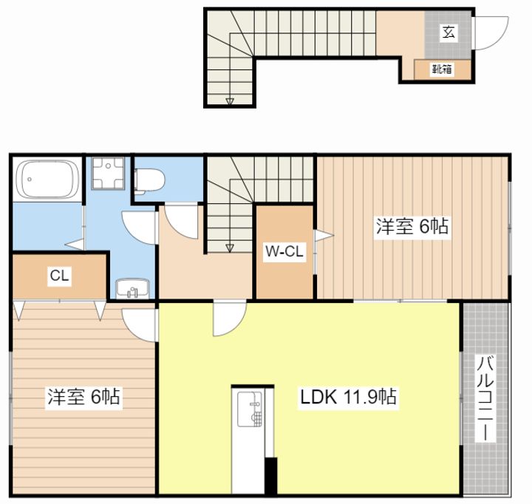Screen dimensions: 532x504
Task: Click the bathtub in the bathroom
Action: pyautogui.click(x=48, y=179)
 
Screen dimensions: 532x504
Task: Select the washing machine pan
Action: pyautogui.click(x=108, y=173)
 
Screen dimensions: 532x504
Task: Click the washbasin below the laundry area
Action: pyautogui.click(x=132, y=288)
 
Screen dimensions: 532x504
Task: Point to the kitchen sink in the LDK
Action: pyautogui.click(x=250, y=409)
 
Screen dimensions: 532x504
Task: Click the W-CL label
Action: pyautogui.click(x=284, y=251)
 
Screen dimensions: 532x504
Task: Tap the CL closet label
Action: pyautogui.click(x=59, y=276)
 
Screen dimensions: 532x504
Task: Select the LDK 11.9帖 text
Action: pyautogui.click(x=348, y=396)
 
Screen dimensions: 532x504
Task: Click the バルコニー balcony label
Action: pyautogui.click(x=485, y=398)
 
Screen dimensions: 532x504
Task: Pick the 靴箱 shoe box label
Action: pyautogui.click(x=442, y=69)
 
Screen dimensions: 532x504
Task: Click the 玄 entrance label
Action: pyautogui.click(x=448, y=33)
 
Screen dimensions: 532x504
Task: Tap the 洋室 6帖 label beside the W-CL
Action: pyautogui.click(x=412, y=226)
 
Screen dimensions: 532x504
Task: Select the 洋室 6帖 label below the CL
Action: pyautogui.click(x=83, y=396)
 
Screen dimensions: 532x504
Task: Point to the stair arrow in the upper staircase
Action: pyautogui.click(x=230, y=101)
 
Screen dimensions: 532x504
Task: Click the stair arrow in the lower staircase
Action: pyautogui.click(x=230, y=248)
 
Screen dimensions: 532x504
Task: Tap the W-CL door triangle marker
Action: pyautogui.click(x=324, y=235)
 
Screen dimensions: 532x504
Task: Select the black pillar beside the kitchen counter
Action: pyautogui.click(x=270, y=475)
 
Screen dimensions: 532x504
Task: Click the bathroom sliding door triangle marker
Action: pyautogui.click(x=75, y=245)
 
